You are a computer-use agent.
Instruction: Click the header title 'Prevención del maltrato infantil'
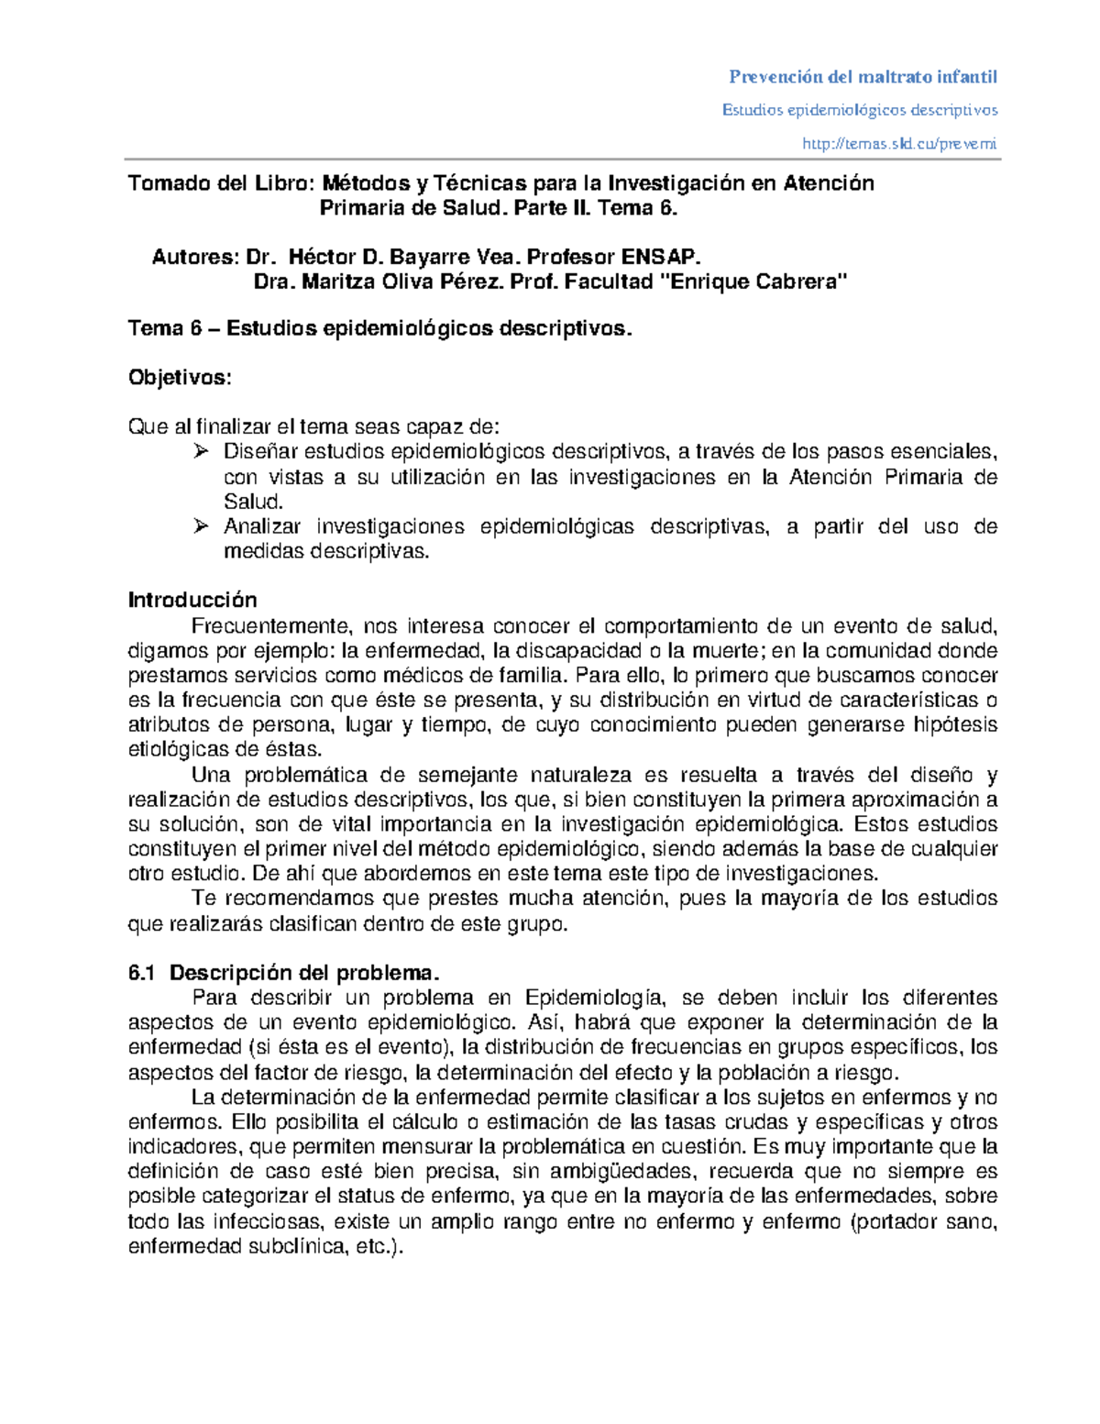pyautogui.click(x=862, y=76)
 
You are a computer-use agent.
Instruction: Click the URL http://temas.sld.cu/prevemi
pyautogui.click(x=898, y=143)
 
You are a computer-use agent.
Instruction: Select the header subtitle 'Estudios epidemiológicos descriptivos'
pyautogui.click(x=859, y=110)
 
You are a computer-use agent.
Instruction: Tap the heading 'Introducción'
pyautogui.click(x=192, y=601)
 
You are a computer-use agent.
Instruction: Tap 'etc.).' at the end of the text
pyautogui.click(x=378, y=1247)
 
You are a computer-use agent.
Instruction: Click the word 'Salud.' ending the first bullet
pyautogui.click(x=254, y=502)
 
